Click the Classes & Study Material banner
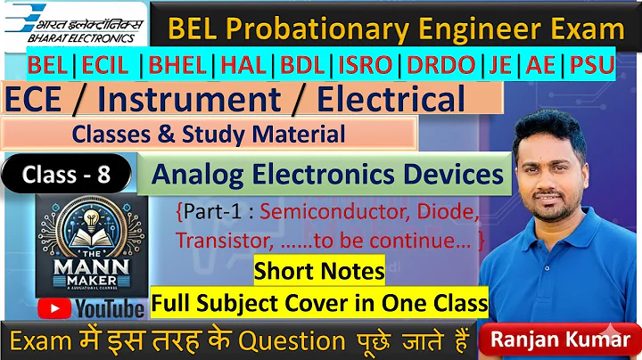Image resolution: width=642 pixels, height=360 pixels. point(209,135)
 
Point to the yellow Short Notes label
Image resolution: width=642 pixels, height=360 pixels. point(319,271)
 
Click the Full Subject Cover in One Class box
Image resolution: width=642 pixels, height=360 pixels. point(319,304)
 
